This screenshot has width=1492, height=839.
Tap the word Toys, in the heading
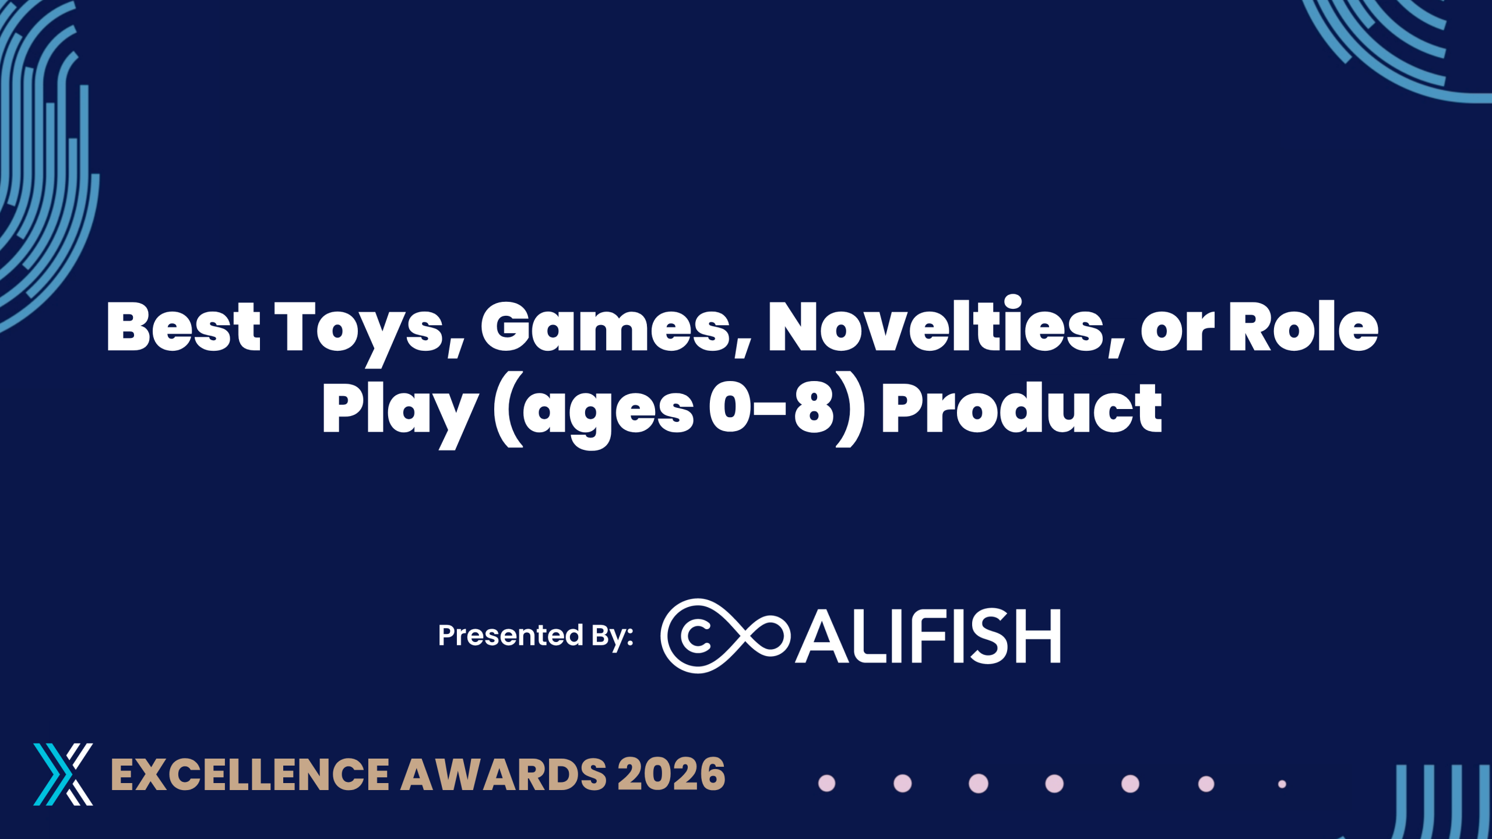(x=370, y=332)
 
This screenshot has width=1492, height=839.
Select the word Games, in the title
(x=616, y=329)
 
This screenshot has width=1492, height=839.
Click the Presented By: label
(x=536, y=636)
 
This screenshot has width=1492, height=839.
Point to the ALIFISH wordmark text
(x=928, y=636)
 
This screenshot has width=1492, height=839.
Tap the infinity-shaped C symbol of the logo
(x=724, y=636)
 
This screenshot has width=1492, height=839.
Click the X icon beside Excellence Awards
(x=63, y=774)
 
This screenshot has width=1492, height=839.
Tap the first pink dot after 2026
(x=827, y=784)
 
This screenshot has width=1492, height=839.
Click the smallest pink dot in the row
(x=1282, y=784)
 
